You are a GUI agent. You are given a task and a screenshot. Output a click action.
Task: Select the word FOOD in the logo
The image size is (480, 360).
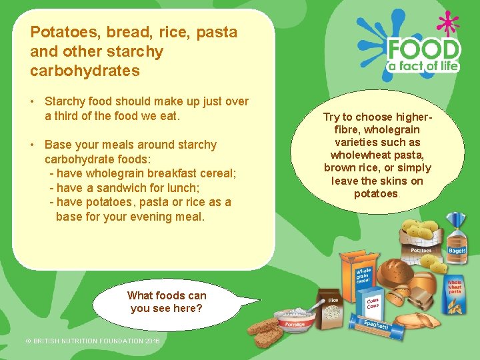coord(423,49)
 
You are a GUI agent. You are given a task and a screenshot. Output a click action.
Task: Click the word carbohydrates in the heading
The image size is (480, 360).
coord(85,71)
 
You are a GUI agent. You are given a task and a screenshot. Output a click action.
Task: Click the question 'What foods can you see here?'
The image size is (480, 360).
coord(167,302)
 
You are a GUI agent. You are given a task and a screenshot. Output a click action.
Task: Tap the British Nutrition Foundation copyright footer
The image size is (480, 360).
coord(83,341)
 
